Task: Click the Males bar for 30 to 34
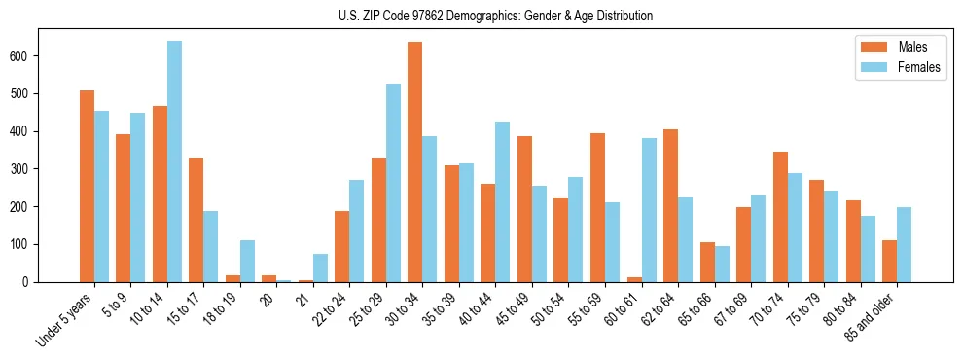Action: coord(415,162)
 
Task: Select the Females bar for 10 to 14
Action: coord(174,162)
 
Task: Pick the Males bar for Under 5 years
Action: coord(87,186)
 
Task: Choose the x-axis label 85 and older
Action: coord(874,313)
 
